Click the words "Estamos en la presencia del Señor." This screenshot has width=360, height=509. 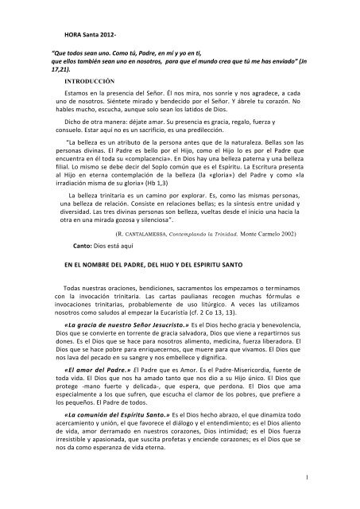pyautogui.click(x=115, y=95)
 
